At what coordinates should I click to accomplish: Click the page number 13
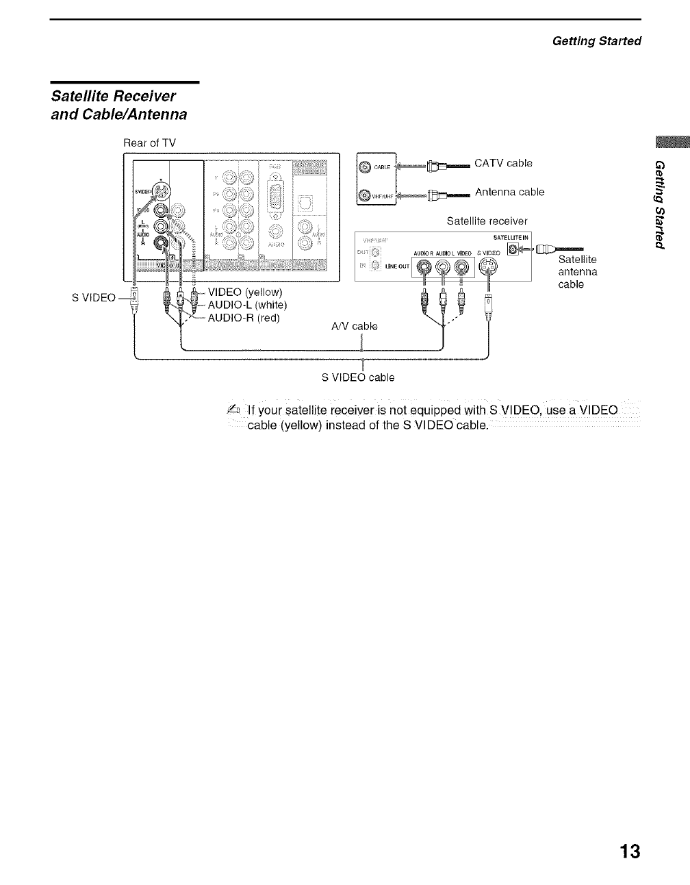629,851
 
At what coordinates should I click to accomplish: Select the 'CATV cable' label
503,163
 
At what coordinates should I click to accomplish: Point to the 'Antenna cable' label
509,192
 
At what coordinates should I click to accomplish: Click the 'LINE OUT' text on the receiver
398,266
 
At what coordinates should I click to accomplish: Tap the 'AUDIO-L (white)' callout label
247,305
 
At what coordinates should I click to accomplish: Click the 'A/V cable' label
354,326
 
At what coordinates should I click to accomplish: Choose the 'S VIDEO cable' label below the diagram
358,377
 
